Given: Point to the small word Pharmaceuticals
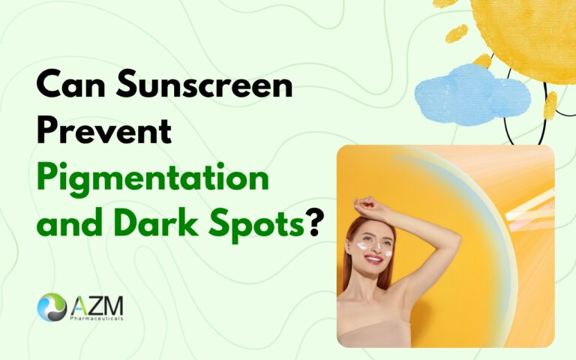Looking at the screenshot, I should tap(98, 319).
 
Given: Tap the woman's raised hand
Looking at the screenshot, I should tap(366, 203).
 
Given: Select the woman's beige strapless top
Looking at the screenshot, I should tap(375, 333).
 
